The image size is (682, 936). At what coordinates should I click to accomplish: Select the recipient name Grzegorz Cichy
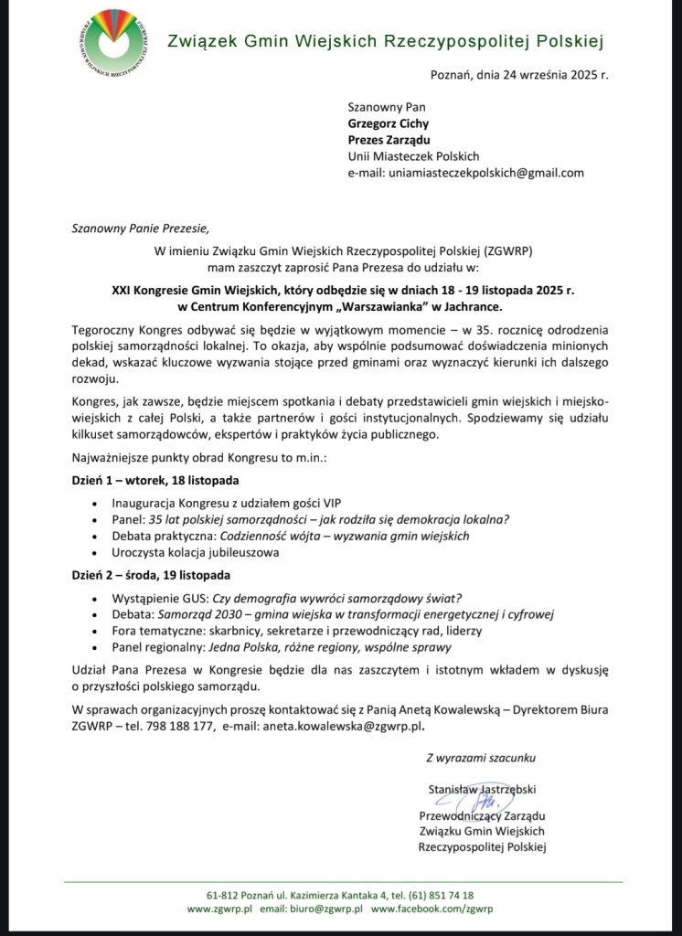click(x=389, y=123)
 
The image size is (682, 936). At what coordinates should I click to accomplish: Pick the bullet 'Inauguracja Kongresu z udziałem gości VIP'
click(x=224, y=503)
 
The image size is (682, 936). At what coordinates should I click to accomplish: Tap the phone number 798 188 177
click(x=186, y=728)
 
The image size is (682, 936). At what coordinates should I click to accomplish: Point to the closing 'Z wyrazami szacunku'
click(x=481, y=758)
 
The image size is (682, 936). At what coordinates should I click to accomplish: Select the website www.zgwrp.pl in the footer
click(x=219, y=910)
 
